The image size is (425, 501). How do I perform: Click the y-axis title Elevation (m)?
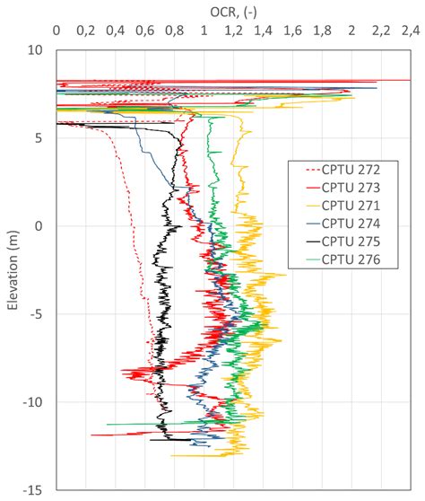point(13,269)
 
